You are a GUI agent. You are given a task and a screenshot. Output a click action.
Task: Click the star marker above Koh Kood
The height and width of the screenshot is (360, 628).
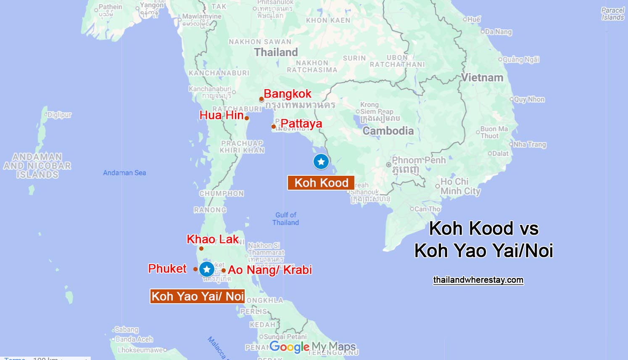click(321, 161)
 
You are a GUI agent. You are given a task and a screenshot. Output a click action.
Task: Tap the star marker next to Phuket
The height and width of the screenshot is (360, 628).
click(206, 269)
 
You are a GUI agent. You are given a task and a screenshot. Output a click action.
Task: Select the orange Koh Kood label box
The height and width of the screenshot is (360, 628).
click(321, 183)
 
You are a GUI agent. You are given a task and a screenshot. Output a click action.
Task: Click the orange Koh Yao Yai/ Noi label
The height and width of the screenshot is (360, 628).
click(198, 296)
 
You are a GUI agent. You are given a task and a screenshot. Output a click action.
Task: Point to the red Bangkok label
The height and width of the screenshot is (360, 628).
click(288, 93)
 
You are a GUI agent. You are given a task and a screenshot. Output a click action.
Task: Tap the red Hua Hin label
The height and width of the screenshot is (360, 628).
click(222, 115)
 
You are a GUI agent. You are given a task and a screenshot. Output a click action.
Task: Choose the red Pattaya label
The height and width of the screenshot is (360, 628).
click(301, 124)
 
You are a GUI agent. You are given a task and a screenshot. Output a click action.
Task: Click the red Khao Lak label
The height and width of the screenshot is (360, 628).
click(212, 239)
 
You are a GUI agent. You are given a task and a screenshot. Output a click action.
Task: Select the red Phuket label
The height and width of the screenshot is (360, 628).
click(167, 268)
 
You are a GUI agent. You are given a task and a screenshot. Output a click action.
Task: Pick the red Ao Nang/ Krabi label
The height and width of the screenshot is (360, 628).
click(270, 270)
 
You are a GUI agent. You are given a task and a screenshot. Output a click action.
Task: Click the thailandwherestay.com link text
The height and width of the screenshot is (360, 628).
click(478, 280)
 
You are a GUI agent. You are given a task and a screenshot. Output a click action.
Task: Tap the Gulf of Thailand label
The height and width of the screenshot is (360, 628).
click(286, 219)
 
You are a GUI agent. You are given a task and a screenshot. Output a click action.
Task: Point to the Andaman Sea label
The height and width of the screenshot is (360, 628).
click(124, 173)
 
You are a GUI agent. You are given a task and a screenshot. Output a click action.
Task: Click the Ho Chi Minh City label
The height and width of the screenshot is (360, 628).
click(460, 186)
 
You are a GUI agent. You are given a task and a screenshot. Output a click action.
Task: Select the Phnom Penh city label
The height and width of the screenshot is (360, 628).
click(418, 160)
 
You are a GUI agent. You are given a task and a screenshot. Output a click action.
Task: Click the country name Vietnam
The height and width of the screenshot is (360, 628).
click(482, 78)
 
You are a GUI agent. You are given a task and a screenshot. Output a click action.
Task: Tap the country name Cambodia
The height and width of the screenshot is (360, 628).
click(388, 131)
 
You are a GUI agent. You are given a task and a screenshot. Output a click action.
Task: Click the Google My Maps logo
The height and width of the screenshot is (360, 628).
click(313, 347)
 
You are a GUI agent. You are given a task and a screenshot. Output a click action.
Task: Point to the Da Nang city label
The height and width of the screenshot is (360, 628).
click(498, 32)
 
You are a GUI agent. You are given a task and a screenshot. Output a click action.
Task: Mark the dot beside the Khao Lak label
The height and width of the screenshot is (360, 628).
click(201, 249)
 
